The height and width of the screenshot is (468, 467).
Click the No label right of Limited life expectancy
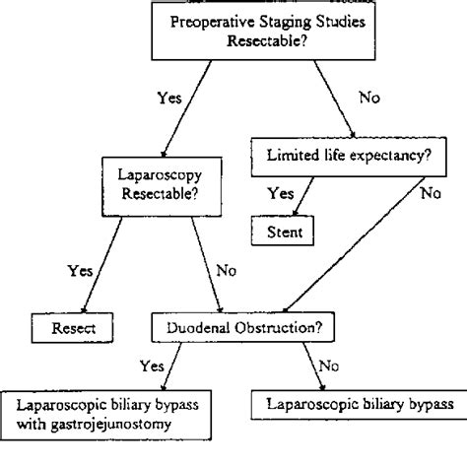pyautogui.click(x=430, y=193)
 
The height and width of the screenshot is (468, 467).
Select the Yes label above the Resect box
pyautogui.click(x=79, y=269)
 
